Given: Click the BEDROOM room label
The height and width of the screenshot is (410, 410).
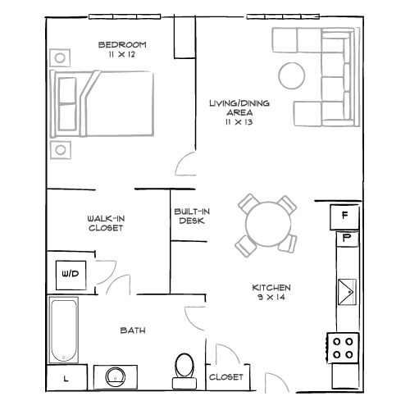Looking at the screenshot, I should (x=122, y=44).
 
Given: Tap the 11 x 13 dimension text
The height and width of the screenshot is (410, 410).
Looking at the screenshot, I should (x=239, y=121).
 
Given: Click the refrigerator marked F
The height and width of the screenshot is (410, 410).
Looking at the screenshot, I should (x=345, y=216).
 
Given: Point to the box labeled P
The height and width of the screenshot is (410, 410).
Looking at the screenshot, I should (x=346, y=238).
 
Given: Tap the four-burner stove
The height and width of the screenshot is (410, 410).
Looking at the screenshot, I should (x=344, y=348).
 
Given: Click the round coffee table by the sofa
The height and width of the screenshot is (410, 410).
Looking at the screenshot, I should (x=292, y=75).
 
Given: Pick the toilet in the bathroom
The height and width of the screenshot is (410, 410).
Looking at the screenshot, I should (x=184, y=369).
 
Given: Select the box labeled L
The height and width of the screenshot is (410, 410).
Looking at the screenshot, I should (x=65, y=379).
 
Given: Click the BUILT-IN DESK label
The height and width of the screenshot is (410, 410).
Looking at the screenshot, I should (x=192, y=216).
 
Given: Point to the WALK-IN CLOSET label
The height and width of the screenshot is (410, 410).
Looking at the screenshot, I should (x=105, y=223).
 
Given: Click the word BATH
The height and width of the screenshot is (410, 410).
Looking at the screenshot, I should (x=133, y=330).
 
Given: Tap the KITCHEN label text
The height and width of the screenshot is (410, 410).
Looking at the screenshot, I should (x=271, y=288).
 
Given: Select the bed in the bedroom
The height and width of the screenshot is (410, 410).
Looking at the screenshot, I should (x=102, y=102).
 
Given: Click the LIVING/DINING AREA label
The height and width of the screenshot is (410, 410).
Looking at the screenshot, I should (x=239, y=107).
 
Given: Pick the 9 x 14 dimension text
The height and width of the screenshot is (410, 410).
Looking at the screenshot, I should (x=271, y=298).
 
